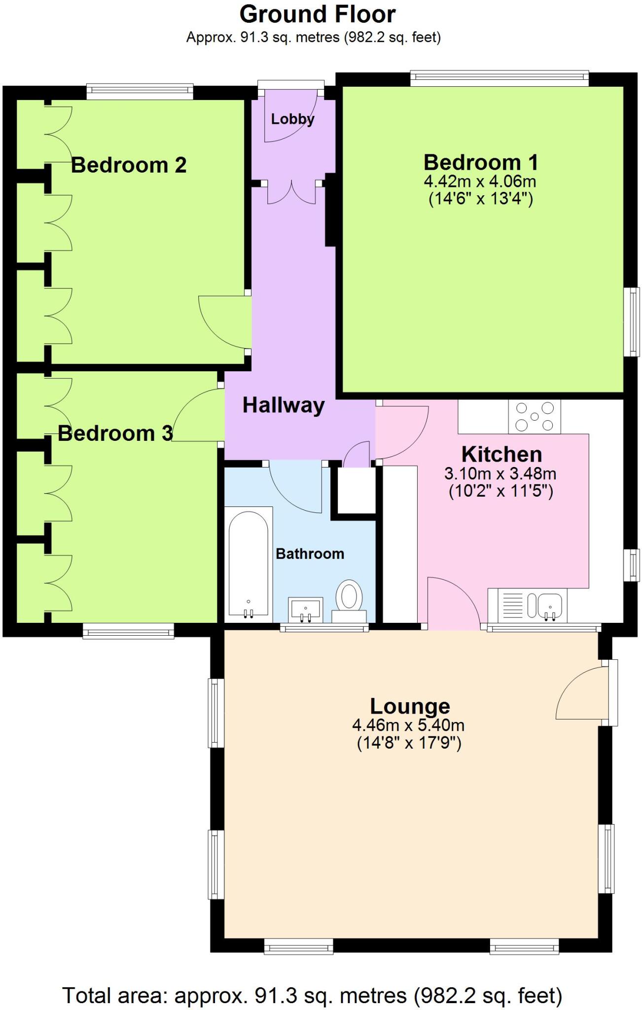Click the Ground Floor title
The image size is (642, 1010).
pyautogui.click(x=317, y=15)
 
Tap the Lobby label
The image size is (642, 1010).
pyautogui.click(x=292, y=119)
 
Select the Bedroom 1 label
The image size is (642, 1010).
pyautogui.click(x=480, y=162)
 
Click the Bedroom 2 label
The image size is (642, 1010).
pyautogui.click(x=129, y=165)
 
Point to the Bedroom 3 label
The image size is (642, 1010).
pyautogui.click(x=115, y=433)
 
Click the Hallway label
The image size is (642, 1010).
pyautogui.click(x=284, y=405)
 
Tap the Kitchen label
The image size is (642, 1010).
pyautogui.click(x=501, y=454)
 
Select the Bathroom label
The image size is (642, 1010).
pyautogui.click(x=310, y=554)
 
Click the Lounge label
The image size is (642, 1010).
pyautogui.click(x=410, y=706)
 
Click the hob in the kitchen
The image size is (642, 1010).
pyautogui.click(x=534, y=417)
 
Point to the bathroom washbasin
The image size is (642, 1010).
pyautogui.click(x=306, y=608)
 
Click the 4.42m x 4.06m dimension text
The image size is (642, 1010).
pyautogui.click(x=480, y=181)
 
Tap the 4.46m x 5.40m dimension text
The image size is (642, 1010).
pyautogui.click(x=408, y=725)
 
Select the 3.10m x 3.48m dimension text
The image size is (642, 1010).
pyautogui.click(x=500, y=474)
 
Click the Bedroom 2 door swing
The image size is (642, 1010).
pyautogui.click(x=222, y=321)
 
